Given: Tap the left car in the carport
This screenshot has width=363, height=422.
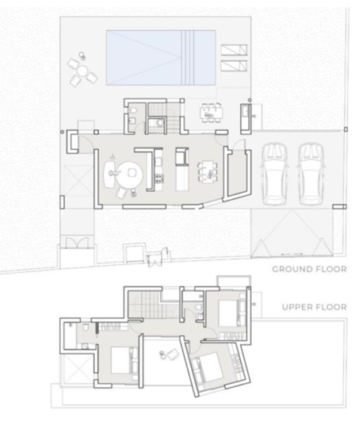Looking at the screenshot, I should (273, 171).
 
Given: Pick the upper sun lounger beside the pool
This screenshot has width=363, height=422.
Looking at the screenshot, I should (235, 50).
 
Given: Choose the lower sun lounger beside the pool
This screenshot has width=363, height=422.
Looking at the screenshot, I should (235, 67).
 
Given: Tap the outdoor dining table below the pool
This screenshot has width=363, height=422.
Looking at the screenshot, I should (208, 112).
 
